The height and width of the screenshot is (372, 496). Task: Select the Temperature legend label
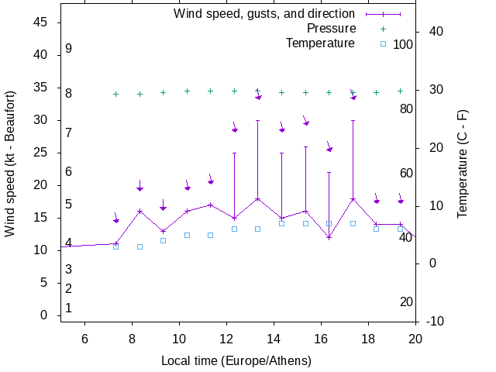(x=320, y=43)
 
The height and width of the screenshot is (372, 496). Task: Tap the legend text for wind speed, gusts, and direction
(x=263, y=13)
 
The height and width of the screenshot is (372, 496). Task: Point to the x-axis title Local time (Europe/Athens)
(x=236, y=361)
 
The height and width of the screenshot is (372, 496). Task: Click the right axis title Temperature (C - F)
(x=463, y=163)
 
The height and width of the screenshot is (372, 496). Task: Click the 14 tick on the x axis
(x=274, y=338)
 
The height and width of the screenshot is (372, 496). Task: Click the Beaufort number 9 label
(x=69, y=49)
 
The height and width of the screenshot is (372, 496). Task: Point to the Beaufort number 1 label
(x=69, y=308)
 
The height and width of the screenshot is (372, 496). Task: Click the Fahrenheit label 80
(x=406, y=108)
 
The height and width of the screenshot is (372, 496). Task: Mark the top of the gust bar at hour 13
(x=258, y=120)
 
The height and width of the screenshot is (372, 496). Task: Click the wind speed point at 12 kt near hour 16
(x=329, y=237)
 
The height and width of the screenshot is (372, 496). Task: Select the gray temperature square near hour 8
(x=139, y=246)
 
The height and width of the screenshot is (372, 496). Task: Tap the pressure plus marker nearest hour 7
(x=116, y=95)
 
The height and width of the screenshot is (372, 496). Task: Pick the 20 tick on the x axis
(x=415, y=338)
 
